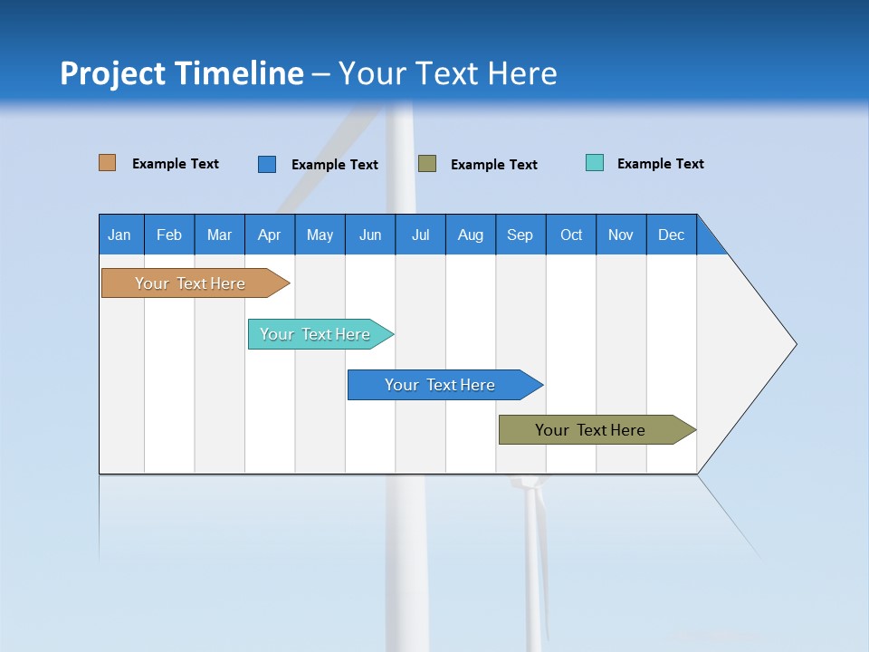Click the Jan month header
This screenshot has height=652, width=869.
120,235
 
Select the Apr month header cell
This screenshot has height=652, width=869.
269,235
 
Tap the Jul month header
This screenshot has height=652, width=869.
420,235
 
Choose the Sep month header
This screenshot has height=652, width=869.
520,235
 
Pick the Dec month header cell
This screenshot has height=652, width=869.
671,235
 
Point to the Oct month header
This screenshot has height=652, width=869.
570,235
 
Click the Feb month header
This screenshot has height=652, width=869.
169,235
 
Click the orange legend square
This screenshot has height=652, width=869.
108,163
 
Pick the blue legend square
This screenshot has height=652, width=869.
267,164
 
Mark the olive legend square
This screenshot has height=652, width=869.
427,164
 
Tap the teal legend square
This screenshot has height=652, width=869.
595,163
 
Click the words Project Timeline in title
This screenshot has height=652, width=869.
182,73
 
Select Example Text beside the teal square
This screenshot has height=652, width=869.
660,164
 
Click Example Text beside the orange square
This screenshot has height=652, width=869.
175,164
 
